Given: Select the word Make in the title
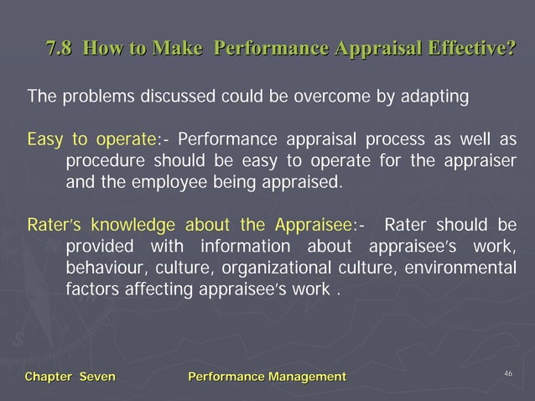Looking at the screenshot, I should [178, 48].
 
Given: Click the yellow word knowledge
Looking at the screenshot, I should [133, 225].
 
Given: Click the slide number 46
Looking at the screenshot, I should [507, 372].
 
